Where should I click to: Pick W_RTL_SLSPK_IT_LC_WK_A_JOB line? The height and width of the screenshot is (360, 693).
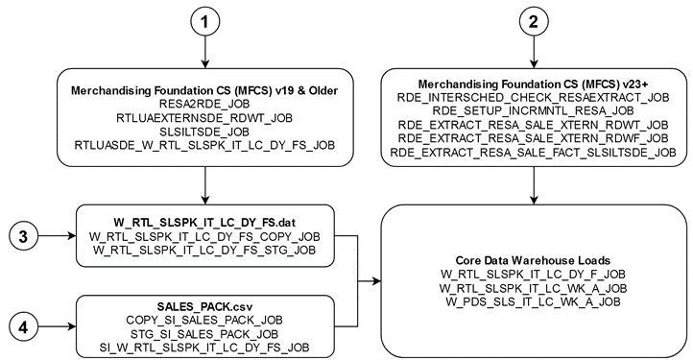(x=533, y=287)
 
